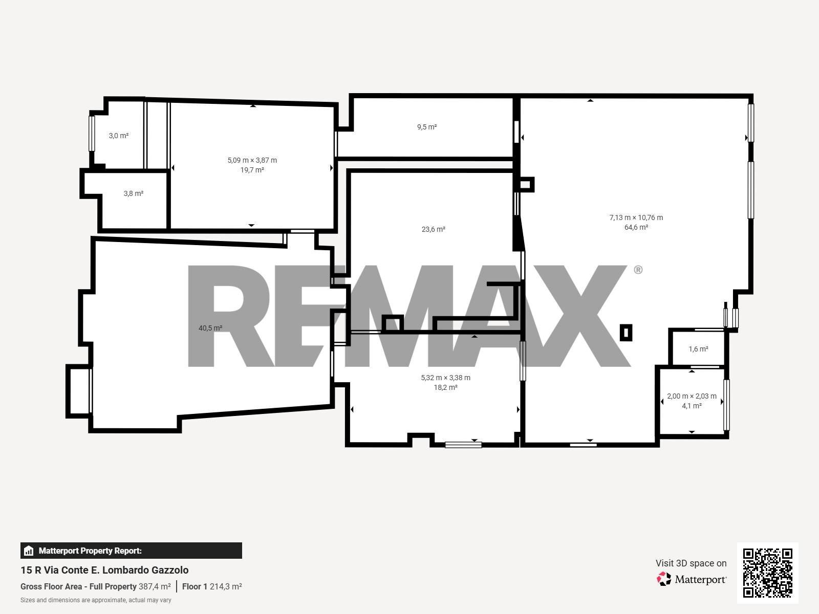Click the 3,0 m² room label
click(x=119, y=136)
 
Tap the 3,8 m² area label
click(x=134, y=193)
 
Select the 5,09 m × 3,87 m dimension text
click(x=252, y=160)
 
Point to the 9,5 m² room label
click(x=427, y=127)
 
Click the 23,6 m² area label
click(x=433, y=229)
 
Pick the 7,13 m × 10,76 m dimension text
click(x=636, y=217)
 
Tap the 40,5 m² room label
click(x=210, y=328)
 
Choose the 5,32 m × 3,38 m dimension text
click(x=445, y=378)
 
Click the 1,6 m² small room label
click(x=698, y=349)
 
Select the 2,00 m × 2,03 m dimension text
click(x=692, y=396)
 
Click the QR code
click(x=767, y=573)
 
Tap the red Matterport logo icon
click(x=664, y=579)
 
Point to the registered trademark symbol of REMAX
click(x=638, y=270)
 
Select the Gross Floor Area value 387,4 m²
click(x=155, y=586)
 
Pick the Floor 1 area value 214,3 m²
click(x=226, y=586)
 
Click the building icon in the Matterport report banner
click(x=29, y=551)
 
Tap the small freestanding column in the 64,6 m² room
click(x=626, y=333)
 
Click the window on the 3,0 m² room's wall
click(x=92, y=134)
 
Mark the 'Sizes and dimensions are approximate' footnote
click(x=96, y=600)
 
